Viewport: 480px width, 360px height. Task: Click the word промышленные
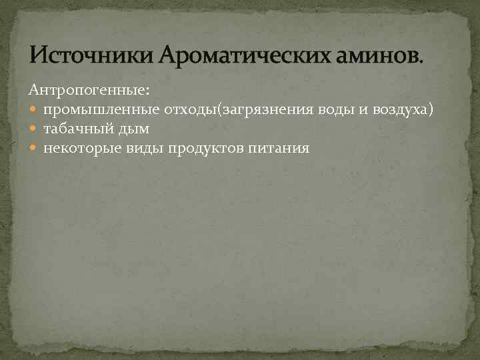100,109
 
